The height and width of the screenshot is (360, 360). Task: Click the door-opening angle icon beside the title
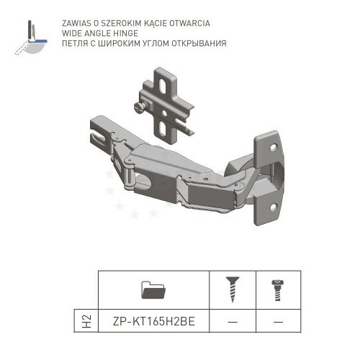(x=31, y=37)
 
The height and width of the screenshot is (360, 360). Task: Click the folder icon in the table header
(x=153, y=289)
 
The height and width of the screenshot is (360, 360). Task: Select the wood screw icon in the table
(x=233, y=289)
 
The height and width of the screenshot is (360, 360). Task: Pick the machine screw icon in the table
(x=278, y=290)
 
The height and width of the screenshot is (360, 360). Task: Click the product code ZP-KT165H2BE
(x=154, y=321)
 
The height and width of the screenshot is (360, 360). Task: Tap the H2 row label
(x=86, y=321)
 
